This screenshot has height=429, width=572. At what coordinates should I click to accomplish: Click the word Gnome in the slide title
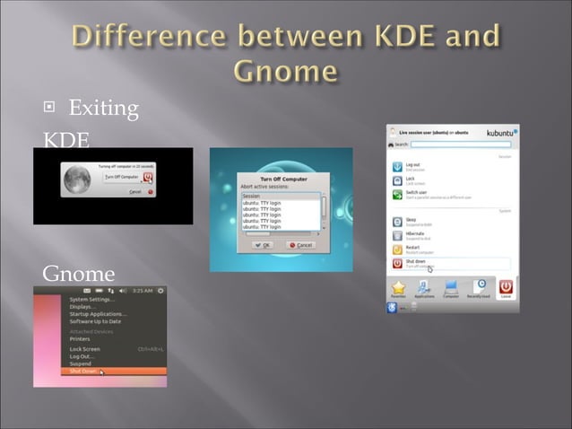pyautogui.click(x=285, y=69)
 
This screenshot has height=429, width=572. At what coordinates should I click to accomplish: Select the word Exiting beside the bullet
pyautogui.click(x=103, y=109)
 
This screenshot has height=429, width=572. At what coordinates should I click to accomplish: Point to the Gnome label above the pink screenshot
pyautogui.click(x=79, y=272)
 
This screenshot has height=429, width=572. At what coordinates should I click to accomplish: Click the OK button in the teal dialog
pyautogui.click(x=264, y=245)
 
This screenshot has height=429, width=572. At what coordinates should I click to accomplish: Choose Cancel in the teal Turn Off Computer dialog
pyautogui.click(x=300, y=245)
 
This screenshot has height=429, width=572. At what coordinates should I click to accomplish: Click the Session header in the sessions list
pyautogui.click(x=254, y=196)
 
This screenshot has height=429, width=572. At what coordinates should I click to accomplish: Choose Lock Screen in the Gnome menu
pyautogui.click(x=85, y=348)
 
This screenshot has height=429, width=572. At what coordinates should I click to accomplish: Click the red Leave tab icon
pyautogui.click(x=507, y=286)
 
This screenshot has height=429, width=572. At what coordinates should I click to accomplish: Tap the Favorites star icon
pyautogui.click(x=399, y=286)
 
